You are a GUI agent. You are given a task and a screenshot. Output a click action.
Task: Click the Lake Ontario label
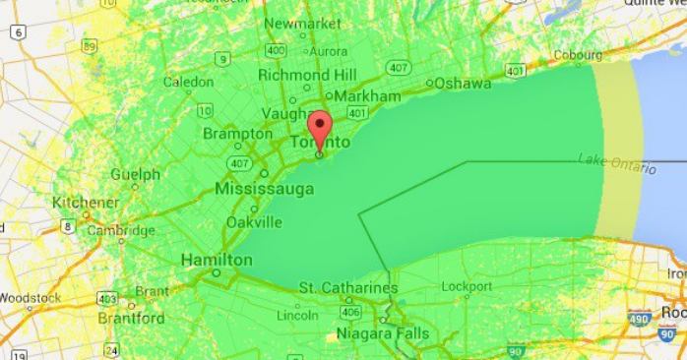click(617, 162)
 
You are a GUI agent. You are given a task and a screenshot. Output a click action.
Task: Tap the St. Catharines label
click(348, 288)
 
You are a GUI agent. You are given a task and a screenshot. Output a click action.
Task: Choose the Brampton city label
click(237, 134)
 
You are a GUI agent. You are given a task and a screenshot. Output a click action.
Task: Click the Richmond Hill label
click(307, 74)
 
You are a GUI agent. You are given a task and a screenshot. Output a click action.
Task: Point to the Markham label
click(369, 96)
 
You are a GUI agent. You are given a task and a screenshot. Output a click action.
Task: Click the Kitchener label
click(86, 202)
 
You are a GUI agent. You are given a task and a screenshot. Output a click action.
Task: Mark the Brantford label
click(131, 319)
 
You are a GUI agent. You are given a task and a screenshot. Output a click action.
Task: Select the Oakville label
click(254, 222)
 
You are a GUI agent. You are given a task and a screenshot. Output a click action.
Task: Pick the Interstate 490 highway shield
click(639, 318)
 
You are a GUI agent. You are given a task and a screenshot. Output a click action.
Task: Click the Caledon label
click(188, 82)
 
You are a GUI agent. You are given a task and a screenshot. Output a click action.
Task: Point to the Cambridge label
click(122, 231)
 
